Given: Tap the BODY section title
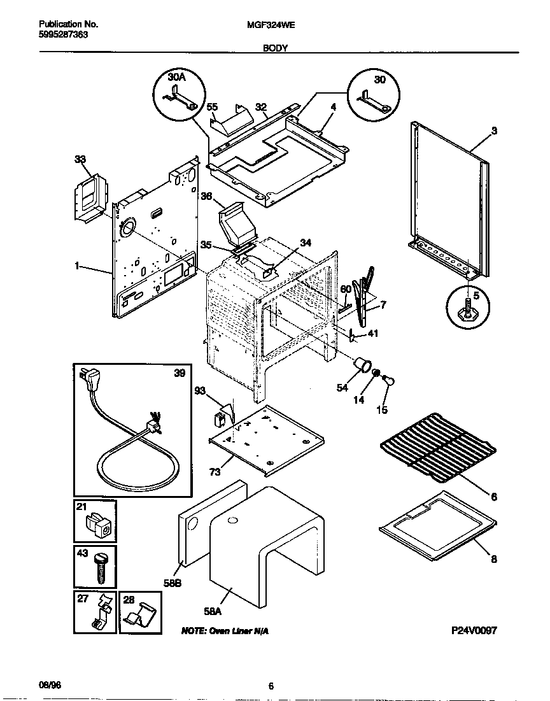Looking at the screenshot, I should point(275,48).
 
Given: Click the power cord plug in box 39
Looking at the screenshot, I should point(87,381).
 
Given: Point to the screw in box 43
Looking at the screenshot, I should point(100,567).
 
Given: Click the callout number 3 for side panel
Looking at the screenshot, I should point(493,131).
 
